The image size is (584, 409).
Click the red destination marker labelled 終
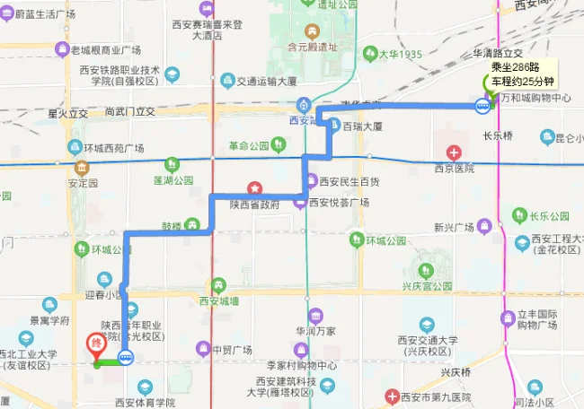(x=95, y=343)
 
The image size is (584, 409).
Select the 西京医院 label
(x=455, y=168)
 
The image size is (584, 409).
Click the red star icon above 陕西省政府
(x=256, y=188)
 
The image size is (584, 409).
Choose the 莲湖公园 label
(x=173, y=180)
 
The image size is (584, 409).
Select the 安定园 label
(x=82, y=182)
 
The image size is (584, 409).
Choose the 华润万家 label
(x=315, y=331)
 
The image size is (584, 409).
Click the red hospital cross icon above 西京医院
(x=455, y=152)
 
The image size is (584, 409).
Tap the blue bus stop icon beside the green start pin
(x=482, y=107)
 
